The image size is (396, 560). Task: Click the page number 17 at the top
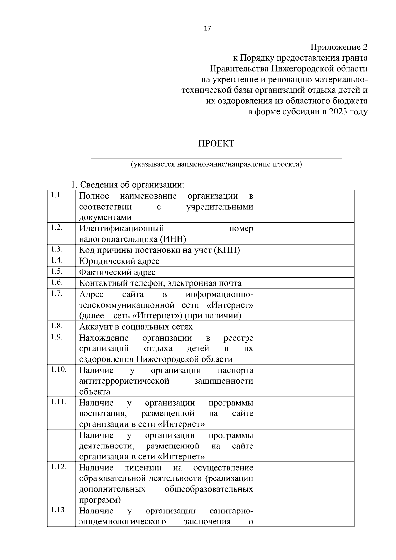tap(207, 28)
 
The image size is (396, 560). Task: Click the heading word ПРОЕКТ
tap(216, 144)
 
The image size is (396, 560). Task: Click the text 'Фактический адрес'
tap(117, 272)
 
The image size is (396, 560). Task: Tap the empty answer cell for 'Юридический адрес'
tap(305, 261)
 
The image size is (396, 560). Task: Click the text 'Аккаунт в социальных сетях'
tap(136, 327)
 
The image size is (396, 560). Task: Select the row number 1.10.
tap(58, 369)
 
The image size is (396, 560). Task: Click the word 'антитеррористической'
tap(124, 381)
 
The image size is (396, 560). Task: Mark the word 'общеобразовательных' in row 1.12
tap(209, 489)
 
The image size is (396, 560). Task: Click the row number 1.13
tap(58, 510)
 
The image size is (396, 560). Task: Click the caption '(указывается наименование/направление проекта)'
tap(216, 164)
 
